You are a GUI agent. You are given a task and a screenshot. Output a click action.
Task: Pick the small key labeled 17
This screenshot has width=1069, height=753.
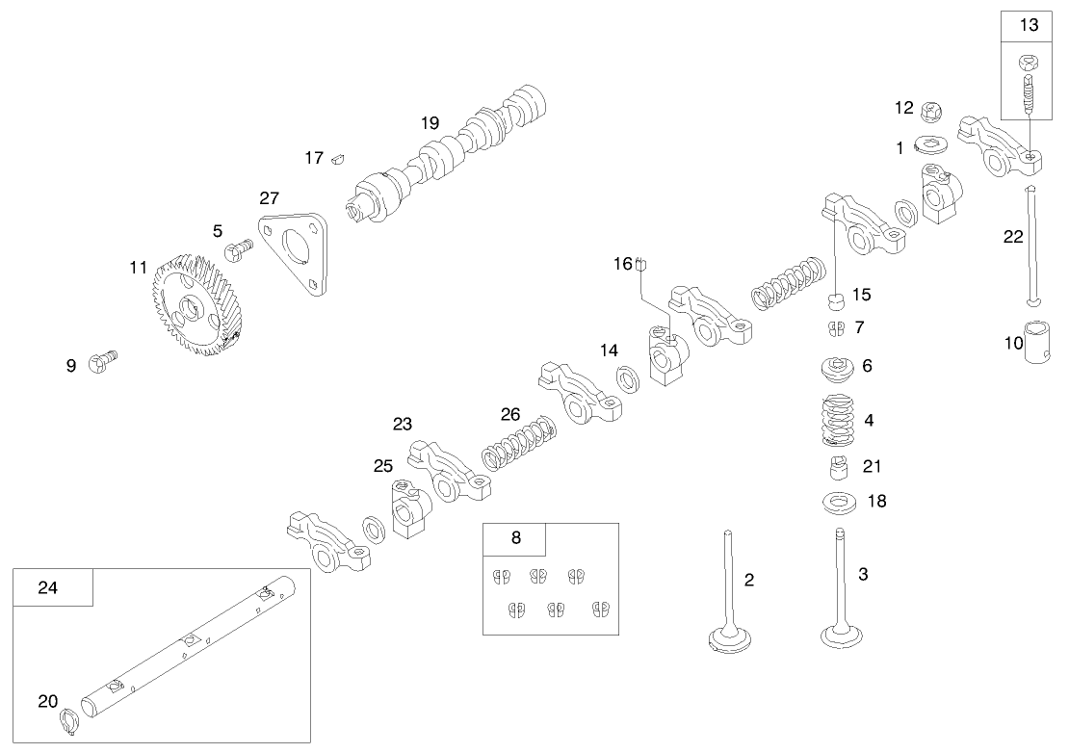tap(338, 157)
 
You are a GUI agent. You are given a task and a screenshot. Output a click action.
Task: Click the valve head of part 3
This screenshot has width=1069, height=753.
tap(841, 637)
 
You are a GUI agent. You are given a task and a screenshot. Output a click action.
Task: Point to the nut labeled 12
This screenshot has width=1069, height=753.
tap(931, 110)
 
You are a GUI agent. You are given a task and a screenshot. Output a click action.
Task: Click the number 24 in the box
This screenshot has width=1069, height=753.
tap(47, 587)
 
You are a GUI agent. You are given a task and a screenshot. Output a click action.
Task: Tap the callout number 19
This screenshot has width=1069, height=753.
tap(429, 122)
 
